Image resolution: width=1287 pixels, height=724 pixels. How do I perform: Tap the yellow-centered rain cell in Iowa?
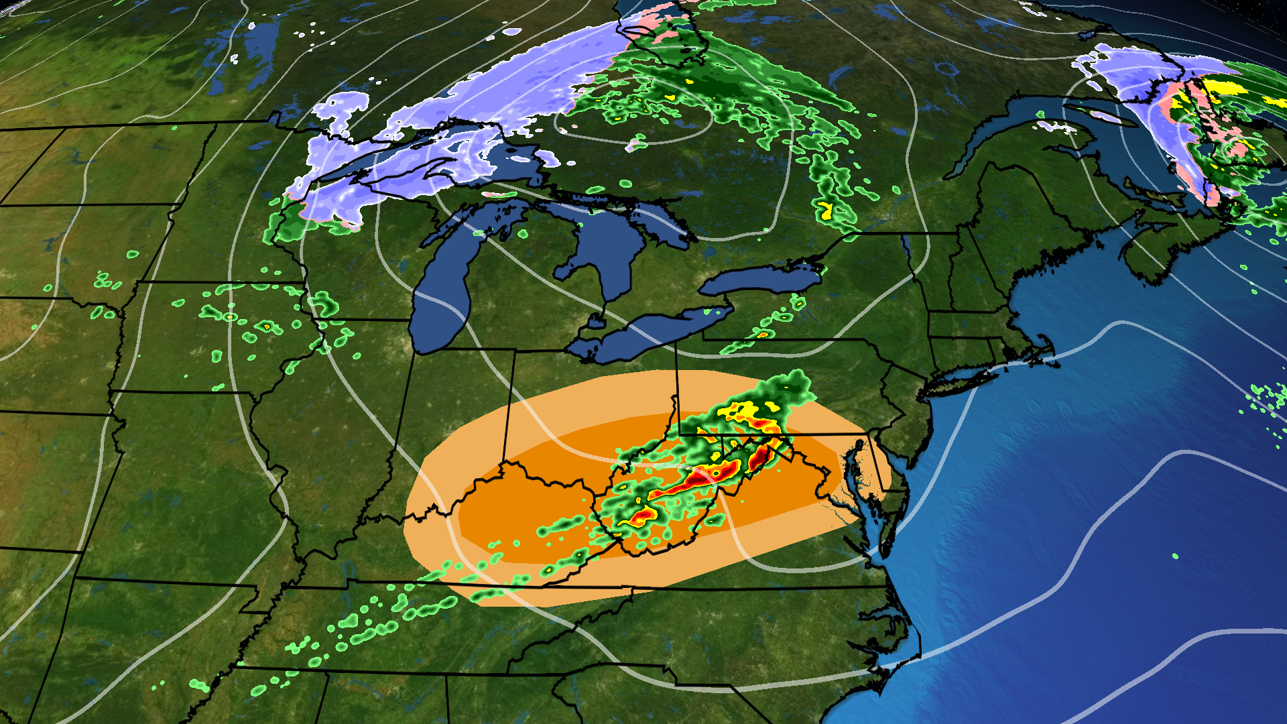[266, 326]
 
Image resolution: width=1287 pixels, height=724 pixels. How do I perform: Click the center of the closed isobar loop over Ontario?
[633, 114]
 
